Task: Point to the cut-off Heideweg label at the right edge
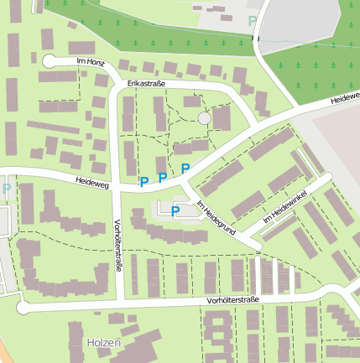344,98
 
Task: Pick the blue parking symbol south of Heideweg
175,211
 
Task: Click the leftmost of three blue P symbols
143,181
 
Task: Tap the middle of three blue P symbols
162,177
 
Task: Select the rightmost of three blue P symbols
185,169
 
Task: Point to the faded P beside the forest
253,21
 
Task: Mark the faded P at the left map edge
7,189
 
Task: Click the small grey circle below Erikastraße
204,119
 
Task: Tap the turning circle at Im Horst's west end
49,60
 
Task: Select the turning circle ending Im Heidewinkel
326,179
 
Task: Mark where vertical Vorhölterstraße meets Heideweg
117,187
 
